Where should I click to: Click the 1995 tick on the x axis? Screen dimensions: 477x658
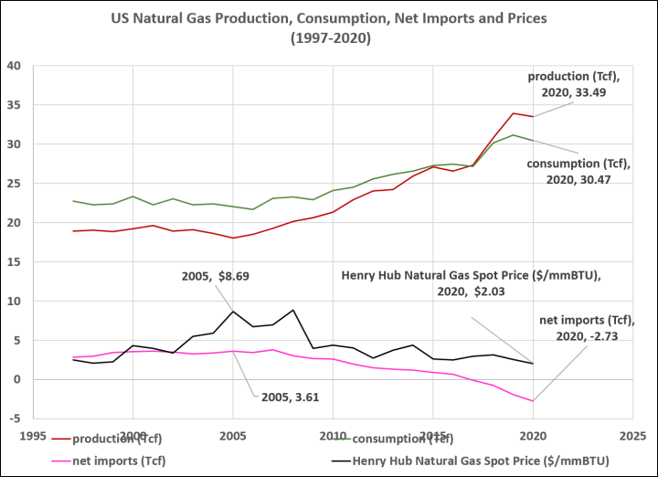[34, 435]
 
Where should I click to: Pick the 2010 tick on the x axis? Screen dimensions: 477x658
[334, 435]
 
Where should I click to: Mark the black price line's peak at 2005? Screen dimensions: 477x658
[233, 312]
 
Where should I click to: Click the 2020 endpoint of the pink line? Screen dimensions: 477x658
[533, 401]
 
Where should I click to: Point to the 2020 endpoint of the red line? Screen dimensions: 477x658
[533, 117]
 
